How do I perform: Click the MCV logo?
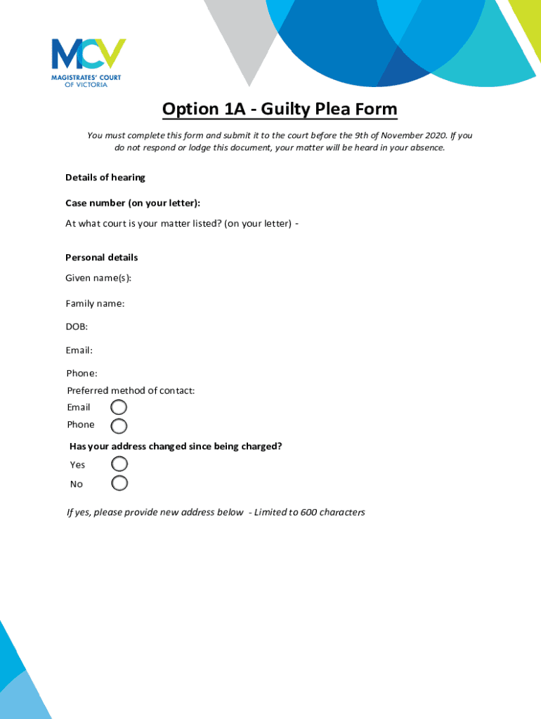click(x=89, y=62)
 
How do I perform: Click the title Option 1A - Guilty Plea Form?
click(x=280, y=110)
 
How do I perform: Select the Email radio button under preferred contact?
click(x=119, y=407)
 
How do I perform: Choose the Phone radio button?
click(x=119, y=426)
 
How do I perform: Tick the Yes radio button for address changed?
click(x=119, y=464)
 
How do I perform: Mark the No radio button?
click(x=119, y=483)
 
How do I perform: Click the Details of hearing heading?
click(x=105, y=178)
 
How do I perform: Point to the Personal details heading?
click(x=102, y=258)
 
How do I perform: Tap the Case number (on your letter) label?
click(x=133, y=203)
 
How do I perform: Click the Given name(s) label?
click(x=98, y=278)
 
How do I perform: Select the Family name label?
click(x=95, y=303)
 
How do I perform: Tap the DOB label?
click(x=77, y=326)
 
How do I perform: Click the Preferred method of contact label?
click(x=131, y=390)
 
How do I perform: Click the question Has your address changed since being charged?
click(x=176, y=446)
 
